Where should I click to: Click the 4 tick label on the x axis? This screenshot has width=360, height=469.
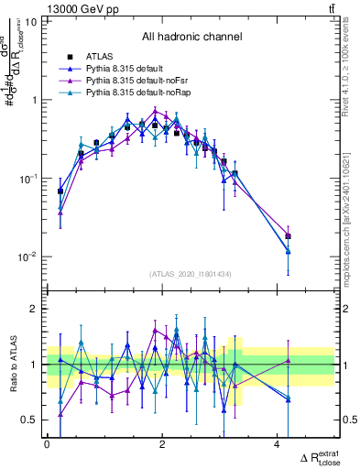[x=277, y=443]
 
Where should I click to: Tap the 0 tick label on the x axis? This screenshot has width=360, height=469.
[x=47, y=443]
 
